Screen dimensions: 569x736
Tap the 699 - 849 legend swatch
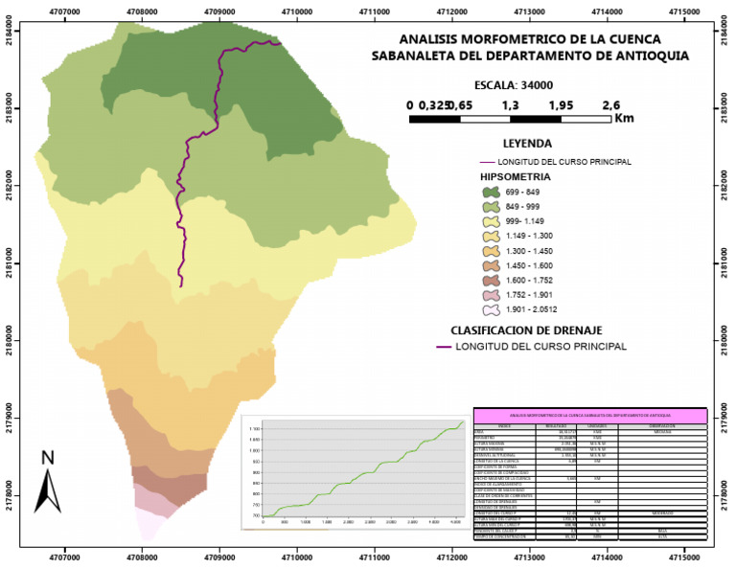[x=492, y=192]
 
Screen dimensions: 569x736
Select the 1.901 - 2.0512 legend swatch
[x=492, y=309]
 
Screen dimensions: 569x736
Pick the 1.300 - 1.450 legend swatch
[x=492, y=251]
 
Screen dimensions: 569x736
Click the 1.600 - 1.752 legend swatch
[x=492, y=280]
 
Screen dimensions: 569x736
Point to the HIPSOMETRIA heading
[x=516, y=177]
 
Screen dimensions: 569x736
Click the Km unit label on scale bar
[x=624, y=119]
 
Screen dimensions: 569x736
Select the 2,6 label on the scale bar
[x=610, y=105]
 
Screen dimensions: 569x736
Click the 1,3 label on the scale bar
[x=510, y=105]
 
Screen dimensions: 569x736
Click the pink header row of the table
[x=590, y=415]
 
